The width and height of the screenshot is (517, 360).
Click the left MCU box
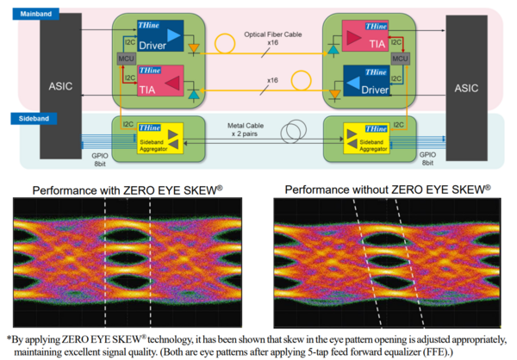click(122, 59)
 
